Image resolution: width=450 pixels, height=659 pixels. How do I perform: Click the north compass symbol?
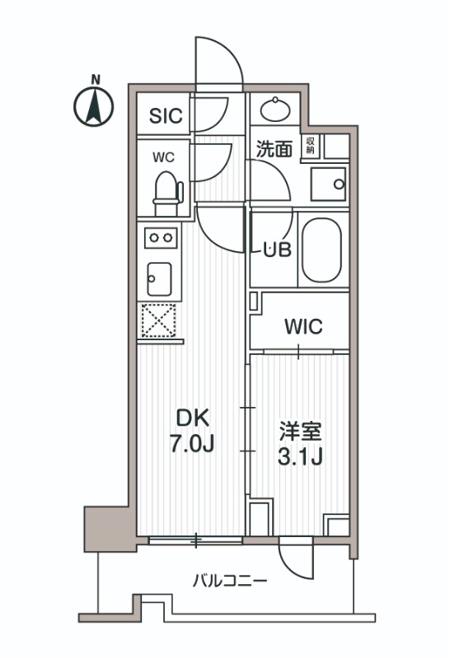pyautogui.click(x=94, y=106)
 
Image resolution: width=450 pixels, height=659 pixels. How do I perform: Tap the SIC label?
pyautogui.click(x=166, y=116)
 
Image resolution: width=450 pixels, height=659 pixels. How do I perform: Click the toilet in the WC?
pyautogui.click(x=168, y=194)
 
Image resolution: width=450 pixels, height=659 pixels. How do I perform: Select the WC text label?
pyautogui.click(x=163, y=157)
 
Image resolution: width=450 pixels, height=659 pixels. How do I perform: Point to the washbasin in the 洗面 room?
pyautogui.click(x=275, y=110)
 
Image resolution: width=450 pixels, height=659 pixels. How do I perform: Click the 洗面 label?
pyautogui.click(x=274, y=149)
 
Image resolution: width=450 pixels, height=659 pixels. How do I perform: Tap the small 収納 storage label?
pyautogui.click(x=311, y=146)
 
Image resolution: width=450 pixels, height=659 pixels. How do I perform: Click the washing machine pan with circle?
pyautogui.click(x=328, y=184)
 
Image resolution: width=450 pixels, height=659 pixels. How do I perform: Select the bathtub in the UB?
pyautogui.click(x=322, y=250)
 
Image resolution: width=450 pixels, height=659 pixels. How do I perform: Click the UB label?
pyautogui.click(x=277, y=250)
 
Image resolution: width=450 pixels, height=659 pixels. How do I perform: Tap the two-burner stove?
pyautogui.click(x=161, y=238)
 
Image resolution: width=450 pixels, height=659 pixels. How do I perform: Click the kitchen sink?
pyautogui.click(x=159, y=279)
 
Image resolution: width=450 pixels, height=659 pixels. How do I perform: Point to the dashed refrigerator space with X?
pyautogui.click(x=159, y=320)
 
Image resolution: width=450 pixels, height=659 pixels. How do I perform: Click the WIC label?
pyautogui.click(x=303, y=326)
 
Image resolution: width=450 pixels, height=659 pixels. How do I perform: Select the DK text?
pyautogui.click(x=192, y=418)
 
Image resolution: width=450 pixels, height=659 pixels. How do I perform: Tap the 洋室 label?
pyautogui.click(x=300, y=432)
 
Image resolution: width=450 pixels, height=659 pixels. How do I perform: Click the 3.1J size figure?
pyautogui.click(x=300, y=456)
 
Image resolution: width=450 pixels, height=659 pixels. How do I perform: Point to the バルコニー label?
pyautogui.click(x=230, y=582)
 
